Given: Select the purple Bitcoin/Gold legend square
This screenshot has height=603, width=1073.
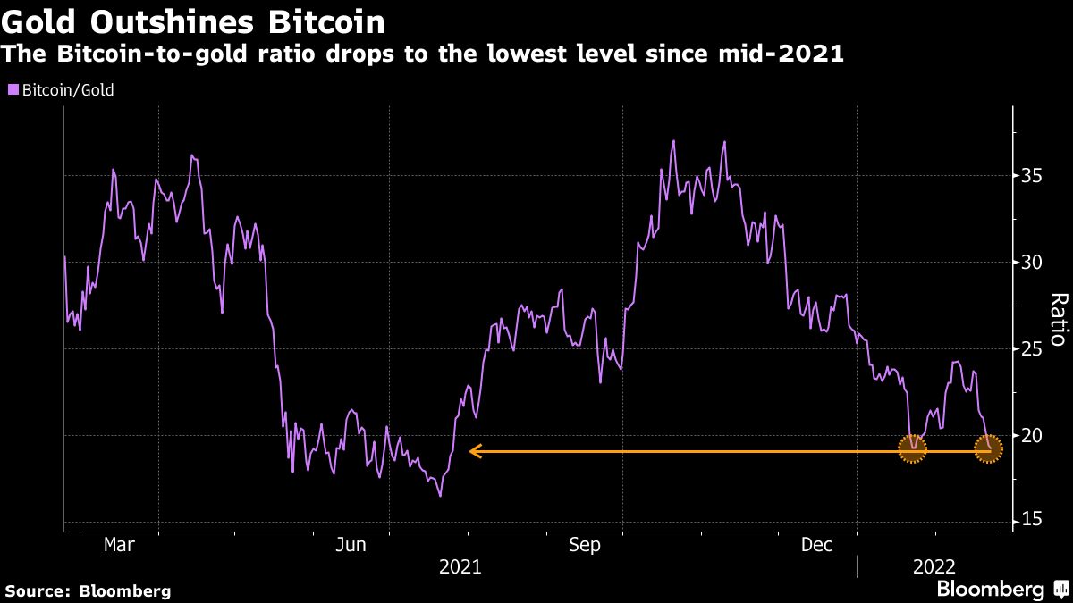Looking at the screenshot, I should coord(13,89).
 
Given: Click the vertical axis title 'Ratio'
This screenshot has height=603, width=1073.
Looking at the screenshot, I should coord(1059,319).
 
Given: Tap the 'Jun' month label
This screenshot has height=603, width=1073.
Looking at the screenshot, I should coord(351,544).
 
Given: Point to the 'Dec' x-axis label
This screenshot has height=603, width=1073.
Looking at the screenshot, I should coord(818,544).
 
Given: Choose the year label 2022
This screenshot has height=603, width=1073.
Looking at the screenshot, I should coord(934,566).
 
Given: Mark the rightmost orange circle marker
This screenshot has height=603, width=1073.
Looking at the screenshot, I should coord(988,450).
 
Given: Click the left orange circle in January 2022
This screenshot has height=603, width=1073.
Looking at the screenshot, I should coord(911,450).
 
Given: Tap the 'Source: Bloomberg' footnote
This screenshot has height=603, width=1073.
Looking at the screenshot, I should coord(87,590).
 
